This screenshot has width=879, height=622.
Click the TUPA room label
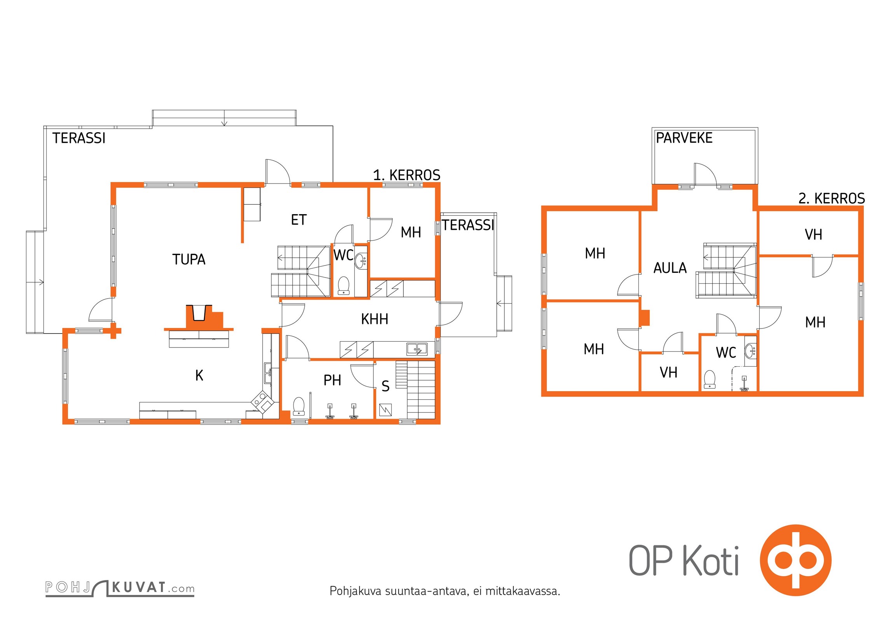click(x=189, y=259)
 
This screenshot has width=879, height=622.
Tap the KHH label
click(x=375, y=319)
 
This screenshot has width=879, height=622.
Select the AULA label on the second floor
click(x=670, y=268)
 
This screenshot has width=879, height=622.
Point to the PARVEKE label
click(x=684, y=138)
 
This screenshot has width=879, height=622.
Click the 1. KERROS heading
click(x=406, y=175)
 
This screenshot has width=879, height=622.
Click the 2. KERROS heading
click(x=832, y=199)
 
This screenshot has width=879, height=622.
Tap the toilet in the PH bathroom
click(x=298, y=406)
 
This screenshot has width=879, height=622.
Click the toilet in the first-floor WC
click(x=344, y=285)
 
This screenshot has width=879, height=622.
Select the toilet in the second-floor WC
click(x=710, y=379)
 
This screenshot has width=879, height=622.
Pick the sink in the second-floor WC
click(x=750, y=351)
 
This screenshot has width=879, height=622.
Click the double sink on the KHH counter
click(x=417, y=349)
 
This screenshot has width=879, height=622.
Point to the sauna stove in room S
click(x=385, y=410)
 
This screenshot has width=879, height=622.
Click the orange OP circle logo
click(x=795, y=560)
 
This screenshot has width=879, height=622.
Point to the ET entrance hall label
click(x=299, y=220)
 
